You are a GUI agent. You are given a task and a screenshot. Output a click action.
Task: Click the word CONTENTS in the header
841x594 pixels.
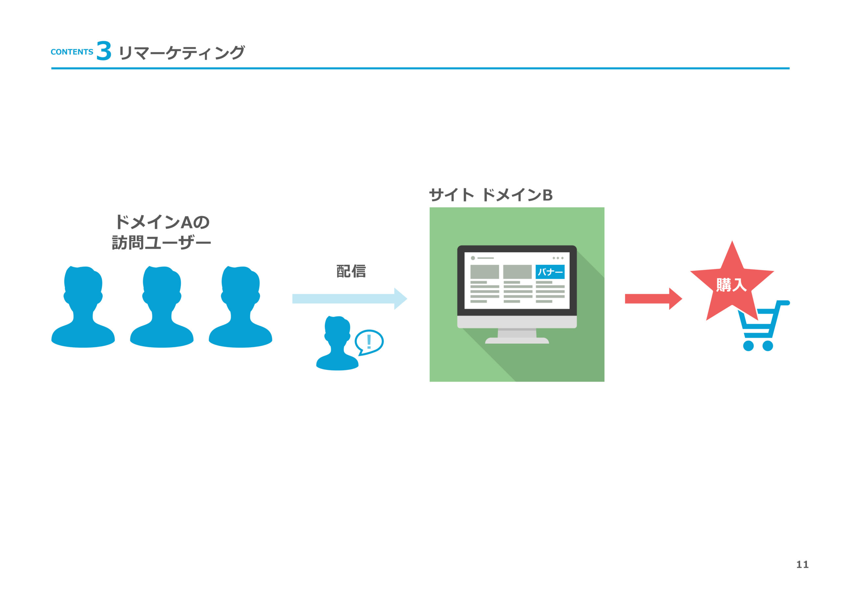(72, 52)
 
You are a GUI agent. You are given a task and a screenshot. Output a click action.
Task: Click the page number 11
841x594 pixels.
(802, 564)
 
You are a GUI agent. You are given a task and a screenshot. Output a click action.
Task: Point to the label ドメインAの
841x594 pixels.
(162, 222)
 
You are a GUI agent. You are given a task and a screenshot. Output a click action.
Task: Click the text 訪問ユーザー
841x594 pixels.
(162, 243)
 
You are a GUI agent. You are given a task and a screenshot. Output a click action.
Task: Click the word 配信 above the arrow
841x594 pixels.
(351, 271)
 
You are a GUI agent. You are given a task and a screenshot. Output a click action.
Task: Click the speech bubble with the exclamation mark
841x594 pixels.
(369, 341)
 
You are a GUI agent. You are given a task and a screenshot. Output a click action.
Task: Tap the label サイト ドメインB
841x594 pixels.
(490, 195)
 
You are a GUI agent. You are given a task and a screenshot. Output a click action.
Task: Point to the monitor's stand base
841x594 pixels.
(517, 341)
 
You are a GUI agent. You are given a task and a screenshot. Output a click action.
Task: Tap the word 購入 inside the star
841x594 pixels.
(731, 285)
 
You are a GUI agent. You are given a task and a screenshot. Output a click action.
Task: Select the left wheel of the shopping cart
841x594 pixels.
(748, 346)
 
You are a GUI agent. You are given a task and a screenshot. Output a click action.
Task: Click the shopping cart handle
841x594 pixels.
(783, 303)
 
